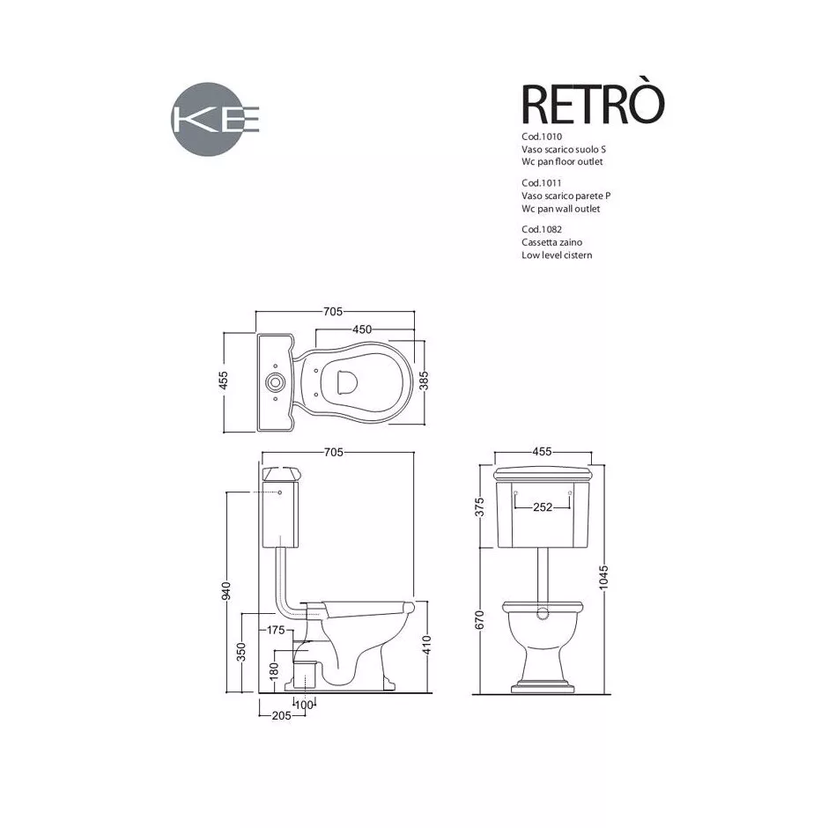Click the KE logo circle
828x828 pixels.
[208, 119]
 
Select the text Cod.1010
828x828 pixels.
[541, 137]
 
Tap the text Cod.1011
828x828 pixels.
[541, 183]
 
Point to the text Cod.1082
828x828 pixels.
[541, 230]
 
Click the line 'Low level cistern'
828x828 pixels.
[557, 255]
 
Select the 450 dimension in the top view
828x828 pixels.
[362, 329]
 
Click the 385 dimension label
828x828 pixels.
[424, 381]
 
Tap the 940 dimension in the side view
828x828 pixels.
[226, 591]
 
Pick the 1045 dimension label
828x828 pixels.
[603, 577]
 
